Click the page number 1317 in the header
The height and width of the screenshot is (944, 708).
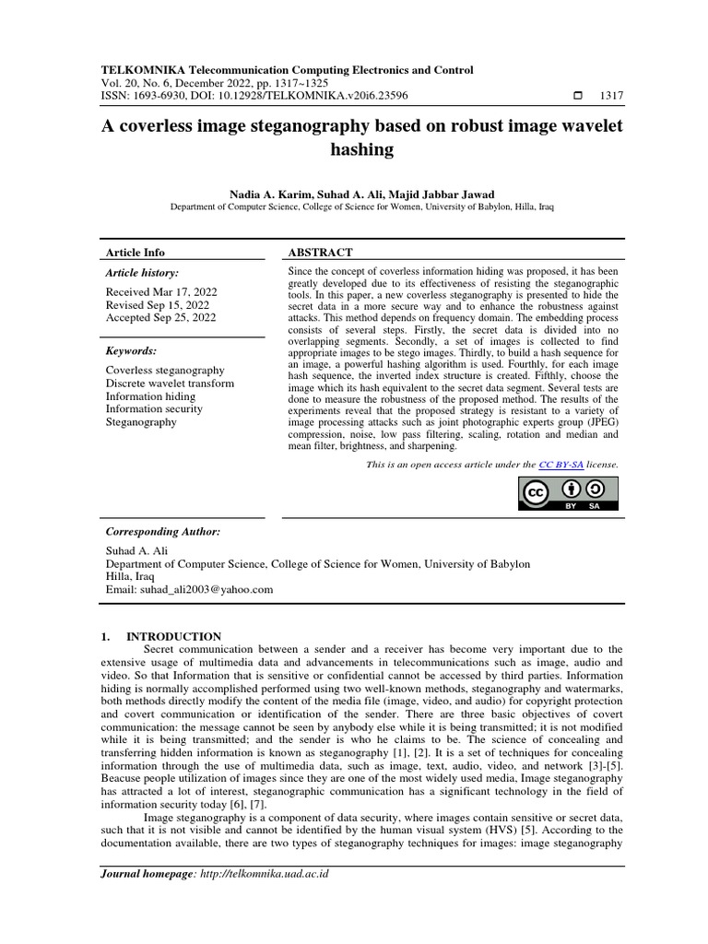pyautogui.click(x=611, y=95)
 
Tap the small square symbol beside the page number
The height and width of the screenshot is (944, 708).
pyautogui.click(x=578, y=95)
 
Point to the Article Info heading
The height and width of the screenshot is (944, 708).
pyautogui.click(x=136, y=252)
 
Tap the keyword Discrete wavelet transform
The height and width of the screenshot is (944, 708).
pyautogui.click(x=170, y=383)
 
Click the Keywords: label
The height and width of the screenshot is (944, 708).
pyautogui.click(x=132, y=351)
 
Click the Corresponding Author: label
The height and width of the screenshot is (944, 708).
pyautogui.click(x=163, y=532)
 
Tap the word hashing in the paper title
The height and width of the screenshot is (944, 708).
pyautogui.click(x=361, y=148)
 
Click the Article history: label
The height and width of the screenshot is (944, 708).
pyautogui.click(x=143, y=273)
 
